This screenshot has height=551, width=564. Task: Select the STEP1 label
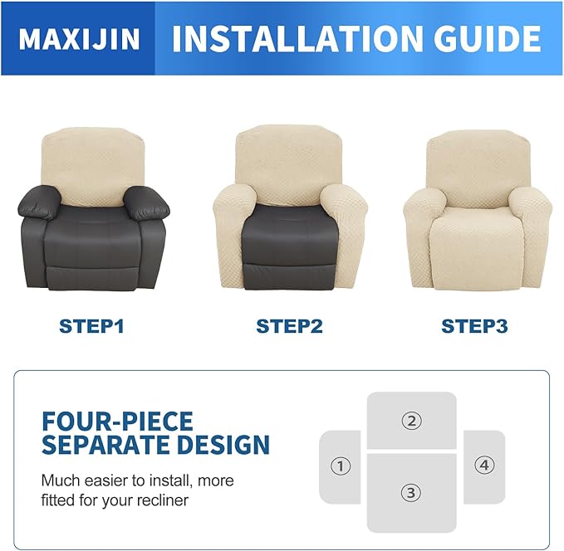coord(91,326)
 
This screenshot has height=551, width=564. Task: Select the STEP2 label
coord(289,326)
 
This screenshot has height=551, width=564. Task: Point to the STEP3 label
coord(473,326)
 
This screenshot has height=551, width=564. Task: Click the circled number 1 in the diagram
coord(340,466)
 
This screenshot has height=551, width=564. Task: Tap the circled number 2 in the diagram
coord(411,421)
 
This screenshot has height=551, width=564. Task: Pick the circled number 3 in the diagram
coord(410,492)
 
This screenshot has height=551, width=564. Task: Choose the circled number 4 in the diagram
coord(484,465)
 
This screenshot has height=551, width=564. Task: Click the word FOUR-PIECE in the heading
coord(117,421)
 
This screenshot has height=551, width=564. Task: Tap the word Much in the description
coord(60,480)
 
